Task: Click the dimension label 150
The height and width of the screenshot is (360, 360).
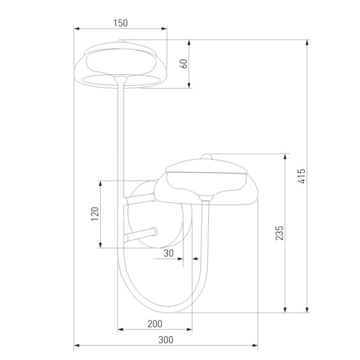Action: click(121, 23)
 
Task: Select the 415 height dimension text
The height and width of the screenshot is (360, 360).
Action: click(302, 176)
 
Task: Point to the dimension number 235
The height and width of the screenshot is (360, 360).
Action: click(279, 233)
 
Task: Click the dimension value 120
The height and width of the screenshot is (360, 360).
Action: click(94, 214)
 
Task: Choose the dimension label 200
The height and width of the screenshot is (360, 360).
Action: click(155, 324)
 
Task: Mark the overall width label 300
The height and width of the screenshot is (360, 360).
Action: click(166, 340)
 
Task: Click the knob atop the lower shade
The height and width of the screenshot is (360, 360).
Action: click(206, 157)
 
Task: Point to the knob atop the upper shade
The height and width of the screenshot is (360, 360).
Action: click(121, 41)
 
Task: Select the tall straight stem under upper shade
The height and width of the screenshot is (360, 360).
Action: click(122, 132)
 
